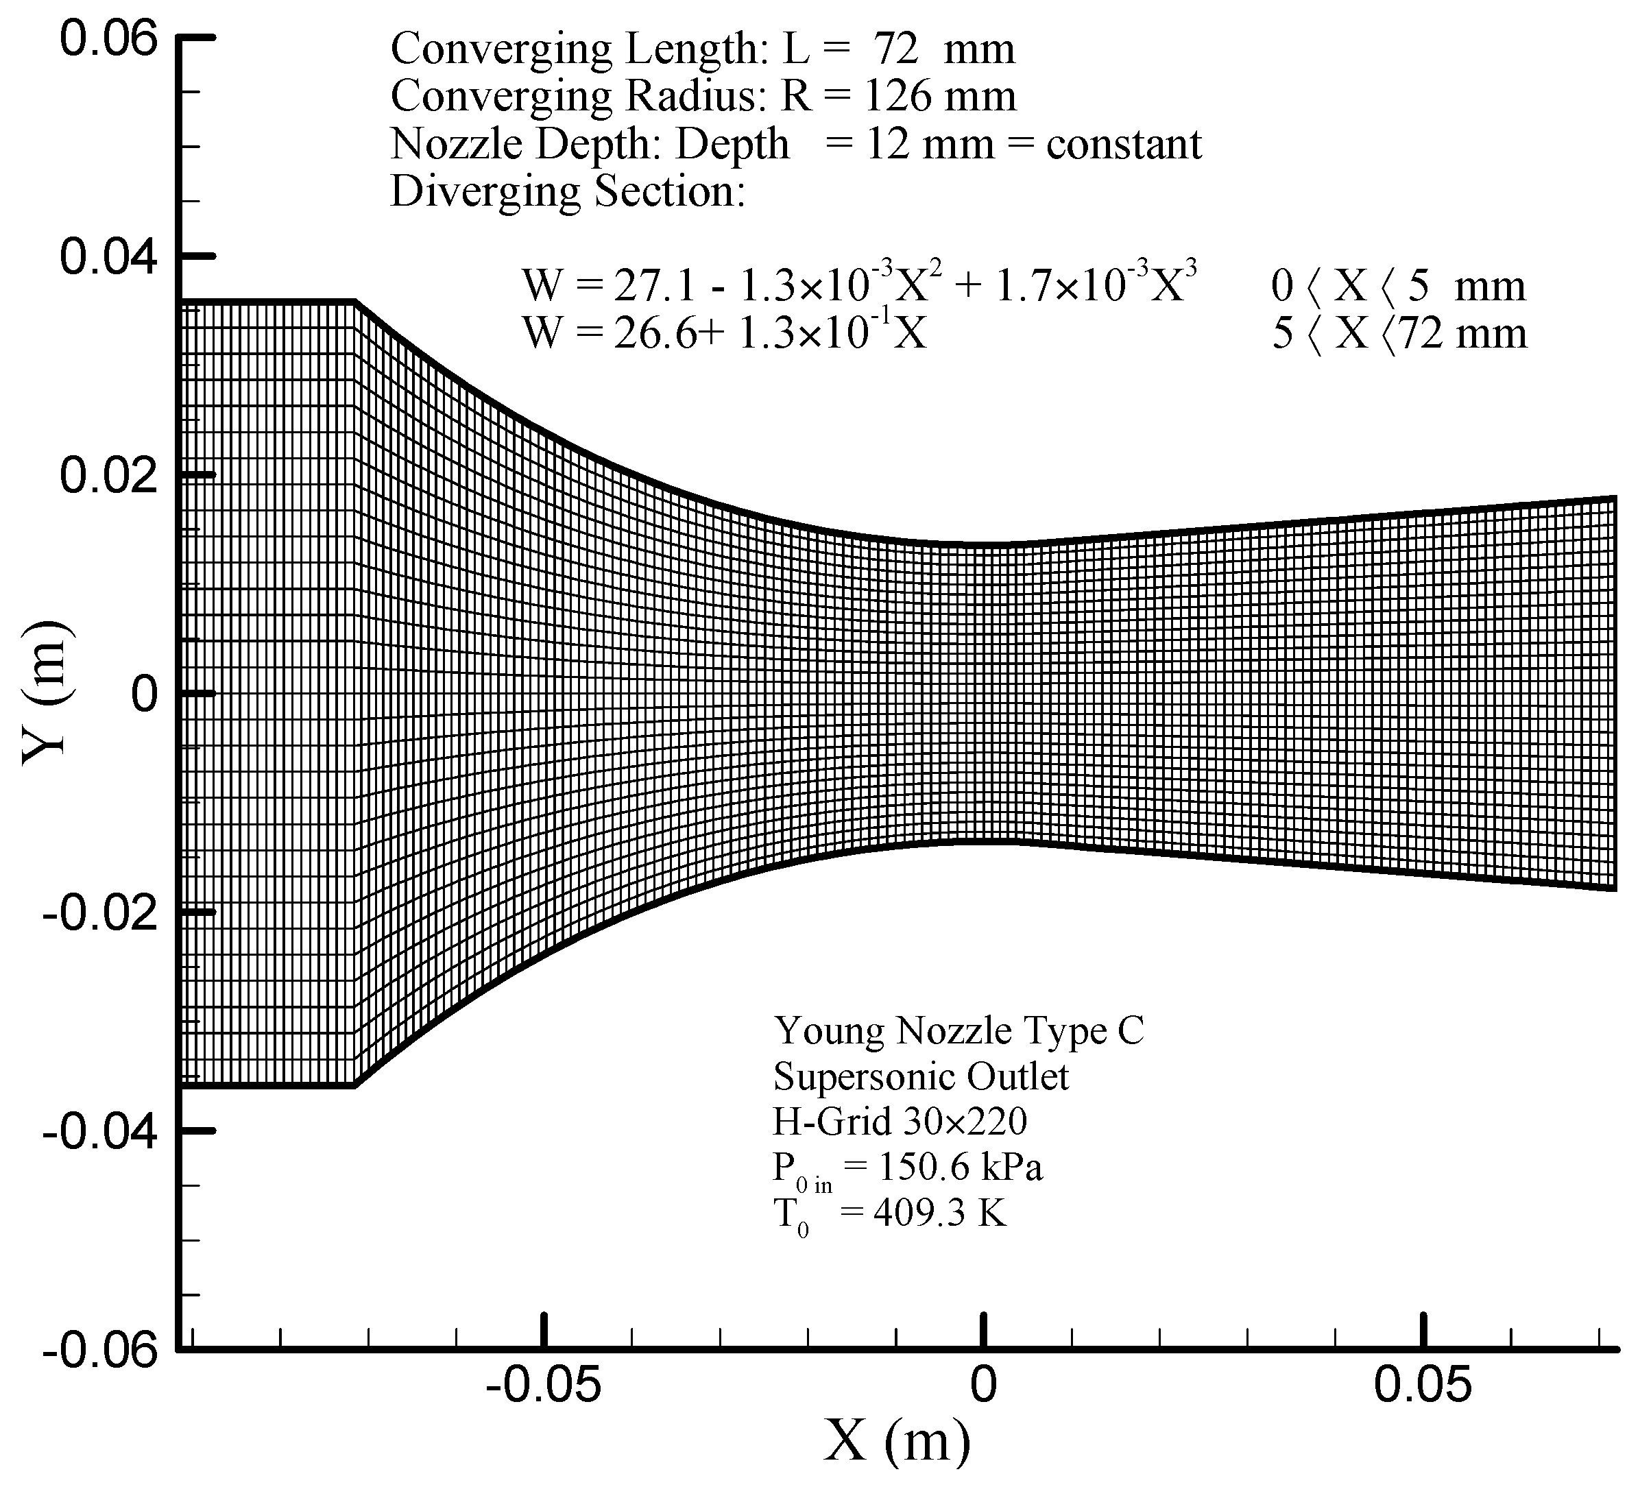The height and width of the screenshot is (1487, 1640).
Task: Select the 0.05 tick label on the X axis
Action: pyautogui.click(x=1423, y=1383)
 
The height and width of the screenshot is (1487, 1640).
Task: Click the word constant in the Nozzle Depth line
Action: pyautogui.click(x=1124, y=145)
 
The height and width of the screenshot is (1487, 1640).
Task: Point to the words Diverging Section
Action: pyautogui.click(x=568, y=192)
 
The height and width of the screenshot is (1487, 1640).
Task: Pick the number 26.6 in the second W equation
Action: pyautogui.click(x=649, y=333)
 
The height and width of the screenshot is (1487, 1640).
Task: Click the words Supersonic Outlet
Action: pyautogui.click(x=921, y=1077)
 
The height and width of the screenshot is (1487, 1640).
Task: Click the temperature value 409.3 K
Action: pyautogui.click(x=939, y=1213)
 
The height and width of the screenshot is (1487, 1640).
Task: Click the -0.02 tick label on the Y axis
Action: pyautogui.click(x=99, y=912)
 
